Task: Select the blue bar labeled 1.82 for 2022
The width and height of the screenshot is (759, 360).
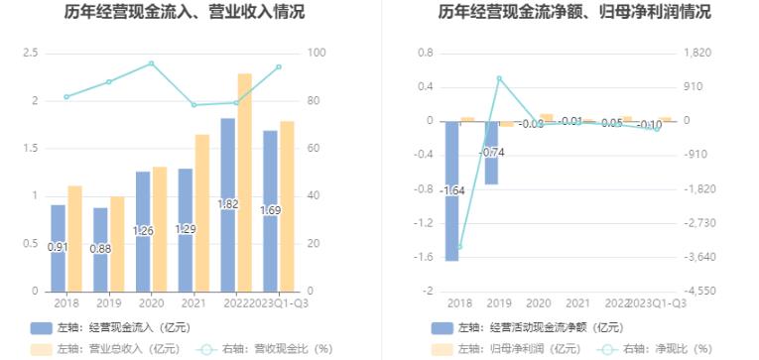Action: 227,204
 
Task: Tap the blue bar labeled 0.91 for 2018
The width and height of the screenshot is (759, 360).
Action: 58,248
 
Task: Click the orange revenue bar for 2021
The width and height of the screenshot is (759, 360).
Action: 201,212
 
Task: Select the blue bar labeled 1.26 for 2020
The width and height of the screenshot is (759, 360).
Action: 143,231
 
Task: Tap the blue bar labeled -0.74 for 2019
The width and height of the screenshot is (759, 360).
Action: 491,153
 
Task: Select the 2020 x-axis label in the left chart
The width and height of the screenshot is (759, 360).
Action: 151,302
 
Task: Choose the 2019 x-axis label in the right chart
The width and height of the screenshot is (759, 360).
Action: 499,302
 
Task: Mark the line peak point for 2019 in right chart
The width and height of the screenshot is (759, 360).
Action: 499,77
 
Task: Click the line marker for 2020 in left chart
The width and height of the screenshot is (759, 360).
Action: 151,63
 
